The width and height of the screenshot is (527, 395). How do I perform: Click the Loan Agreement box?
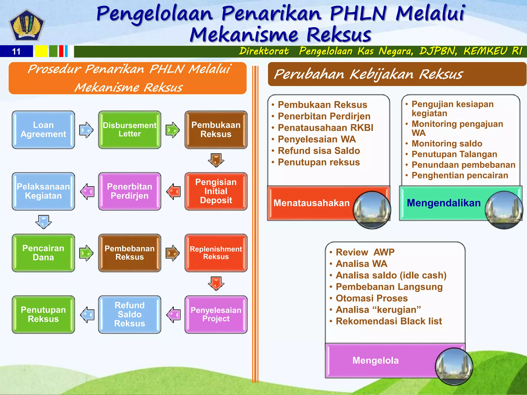[43, 130]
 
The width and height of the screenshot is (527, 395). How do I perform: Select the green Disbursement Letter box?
[129, 130]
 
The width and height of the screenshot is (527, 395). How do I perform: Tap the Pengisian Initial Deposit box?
[216, 191]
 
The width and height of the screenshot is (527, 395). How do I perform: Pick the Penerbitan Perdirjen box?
[129, 191]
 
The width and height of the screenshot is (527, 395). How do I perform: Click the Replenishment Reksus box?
[216, 253]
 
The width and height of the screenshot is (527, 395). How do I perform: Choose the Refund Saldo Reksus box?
[129, 314]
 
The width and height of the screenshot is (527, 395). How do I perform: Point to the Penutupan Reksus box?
[43, 314]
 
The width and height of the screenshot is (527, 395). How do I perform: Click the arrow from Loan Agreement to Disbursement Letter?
[86, 130]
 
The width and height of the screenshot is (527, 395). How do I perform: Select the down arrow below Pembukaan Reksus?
[216, 160]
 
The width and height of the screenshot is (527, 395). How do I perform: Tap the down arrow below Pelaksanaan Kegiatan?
[43, 222]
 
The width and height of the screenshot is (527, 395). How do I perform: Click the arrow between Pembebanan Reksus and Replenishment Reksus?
[173, 253]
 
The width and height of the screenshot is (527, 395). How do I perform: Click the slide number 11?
[16, 51]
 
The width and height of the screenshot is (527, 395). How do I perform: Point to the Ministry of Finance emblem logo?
[27, 25]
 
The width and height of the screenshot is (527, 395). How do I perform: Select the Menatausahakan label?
[311, 203]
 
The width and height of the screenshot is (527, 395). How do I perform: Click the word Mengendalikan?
[444, 203]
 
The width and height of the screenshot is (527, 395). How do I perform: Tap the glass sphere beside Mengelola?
[454, 366]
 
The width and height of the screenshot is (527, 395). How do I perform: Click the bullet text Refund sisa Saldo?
[319, 151]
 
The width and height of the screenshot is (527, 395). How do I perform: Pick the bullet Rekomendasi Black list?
[389, 321]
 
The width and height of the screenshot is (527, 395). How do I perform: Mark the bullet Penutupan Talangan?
[454, 154]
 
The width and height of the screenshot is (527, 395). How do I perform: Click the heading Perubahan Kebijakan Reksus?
[368, 74]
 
